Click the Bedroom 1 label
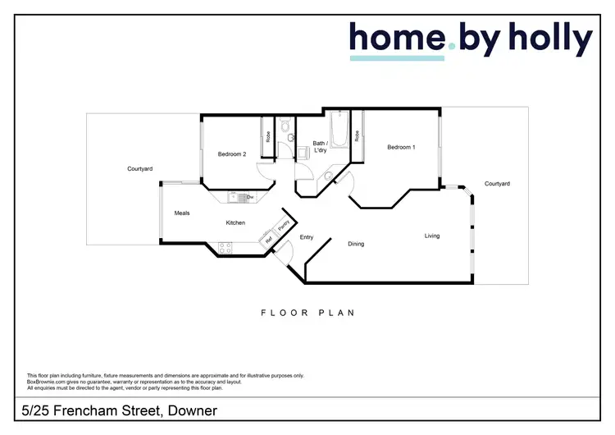point(401,147)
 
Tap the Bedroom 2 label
point(232,154)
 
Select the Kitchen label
point(236,223)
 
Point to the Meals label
point(182,213)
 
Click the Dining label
point(356,244)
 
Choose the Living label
point(432,236)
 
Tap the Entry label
point(307,237)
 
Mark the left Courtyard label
point(139,169)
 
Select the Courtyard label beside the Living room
point(497,184)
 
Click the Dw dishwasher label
point(249,197)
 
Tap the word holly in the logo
point(548,39)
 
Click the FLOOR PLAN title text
point(307,313)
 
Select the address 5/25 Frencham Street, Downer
point(119,410)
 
